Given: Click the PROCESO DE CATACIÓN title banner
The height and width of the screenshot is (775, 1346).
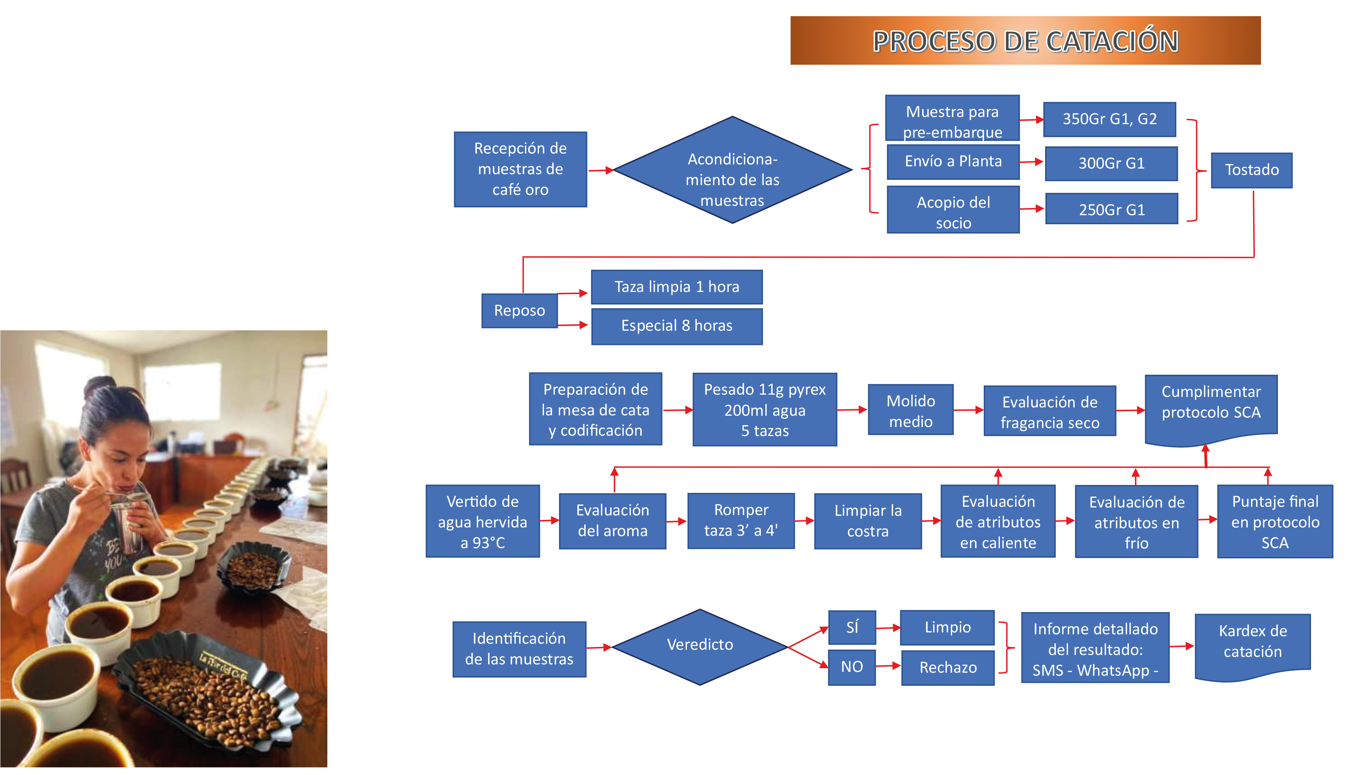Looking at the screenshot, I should point(1025,41).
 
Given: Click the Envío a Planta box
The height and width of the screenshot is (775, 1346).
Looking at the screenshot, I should point(953,161).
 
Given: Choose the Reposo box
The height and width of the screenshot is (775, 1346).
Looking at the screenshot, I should point(520,311).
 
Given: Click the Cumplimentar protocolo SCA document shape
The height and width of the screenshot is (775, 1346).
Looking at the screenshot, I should point(1211,407).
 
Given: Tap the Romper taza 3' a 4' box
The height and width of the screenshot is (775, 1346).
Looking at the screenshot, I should point(741,521).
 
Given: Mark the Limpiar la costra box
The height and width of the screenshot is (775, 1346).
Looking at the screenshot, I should point(867,521).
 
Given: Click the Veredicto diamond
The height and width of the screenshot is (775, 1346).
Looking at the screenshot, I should point(700,646).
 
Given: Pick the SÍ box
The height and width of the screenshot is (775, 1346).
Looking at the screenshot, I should point(852,628).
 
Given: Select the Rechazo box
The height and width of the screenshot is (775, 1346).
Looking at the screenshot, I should point(948,667).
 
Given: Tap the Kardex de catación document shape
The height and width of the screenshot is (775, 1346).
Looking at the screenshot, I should point(1252,644).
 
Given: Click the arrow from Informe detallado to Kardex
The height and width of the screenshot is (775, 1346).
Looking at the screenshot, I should point(1182,646).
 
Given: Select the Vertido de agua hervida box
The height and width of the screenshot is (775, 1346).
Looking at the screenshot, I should point(482,522).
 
